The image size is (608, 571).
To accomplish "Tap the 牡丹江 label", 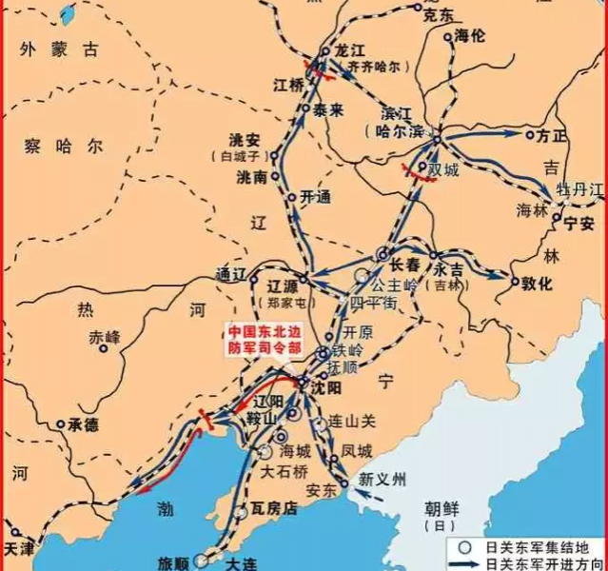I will click(581, 190).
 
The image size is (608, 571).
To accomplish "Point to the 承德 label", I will click(83, 424).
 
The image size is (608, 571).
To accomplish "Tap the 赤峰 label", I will click(105, 338).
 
